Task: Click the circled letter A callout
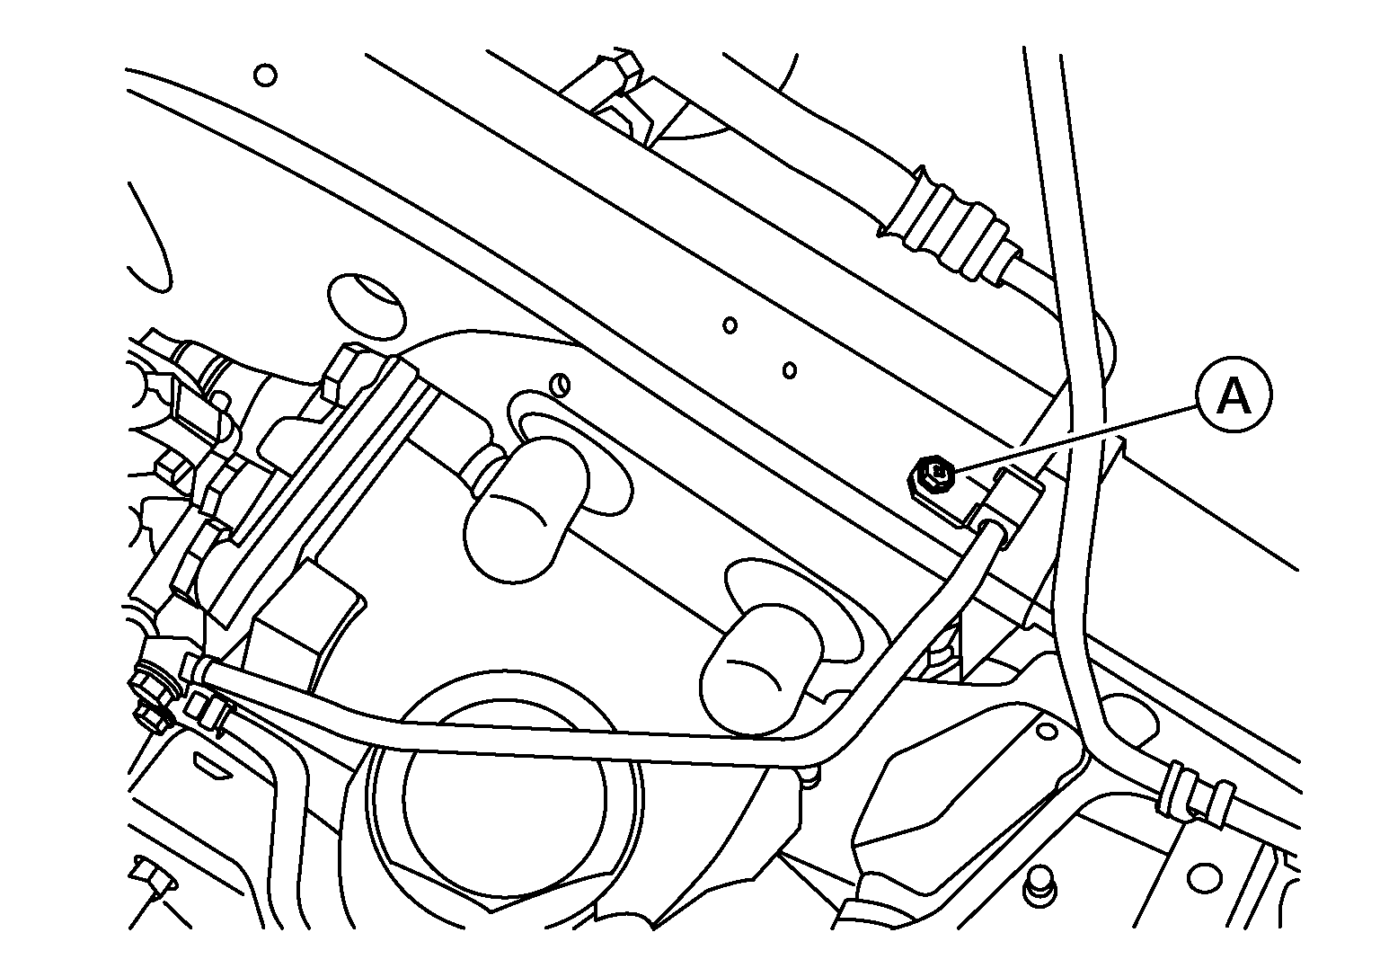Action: tap(1234, 397)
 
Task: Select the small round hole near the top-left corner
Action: tap(265, 75)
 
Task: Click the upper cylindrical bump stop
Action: tap(524, 509)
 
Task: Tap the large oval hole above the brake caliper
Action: tap(367, 307)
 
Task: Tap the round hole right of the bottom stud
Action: tap(1203, 877)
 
